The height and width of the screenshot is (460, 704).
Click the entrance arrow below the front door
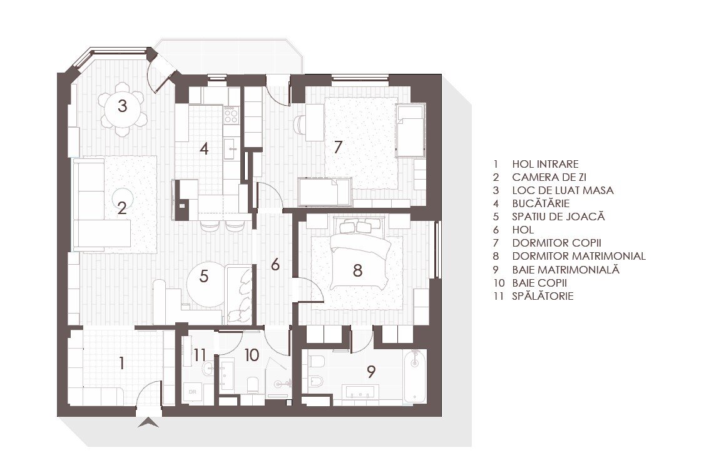click(148, 422)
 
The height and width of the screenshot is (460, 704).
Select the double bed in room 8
click(359, 254)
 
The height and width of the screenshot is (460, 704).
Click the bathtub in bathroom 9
click(414, 376)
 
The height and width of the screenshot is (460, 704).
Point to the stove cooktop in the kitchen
click(231, 114)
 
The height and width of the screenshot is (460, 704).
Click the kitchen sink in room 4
click(231, 149)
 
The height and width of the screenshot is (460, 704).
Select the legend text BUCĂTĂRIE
click(541, 203)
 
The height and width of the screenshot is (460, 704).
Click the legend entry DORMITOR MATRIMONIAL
click(579, 256)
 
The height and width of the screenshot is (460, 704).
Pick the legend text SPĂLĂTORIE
click(543, 296)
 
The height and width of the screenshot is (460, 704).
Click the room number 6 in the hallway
click(275, 265)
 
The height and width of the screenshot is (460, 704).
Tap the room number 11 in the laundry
click(200, 355)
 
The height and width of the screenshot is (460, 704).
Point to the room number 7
click(338, 146)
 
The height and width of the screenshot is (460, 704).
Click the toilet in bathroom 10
click(252, 385)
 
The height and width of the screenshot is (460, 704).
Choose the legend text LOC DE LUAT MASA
click(563, 190)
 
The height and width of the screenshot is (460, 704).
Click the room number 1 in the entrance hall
click(121, 362)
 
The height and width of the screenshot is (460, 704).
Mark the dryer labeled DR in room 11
click(193, 391)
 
